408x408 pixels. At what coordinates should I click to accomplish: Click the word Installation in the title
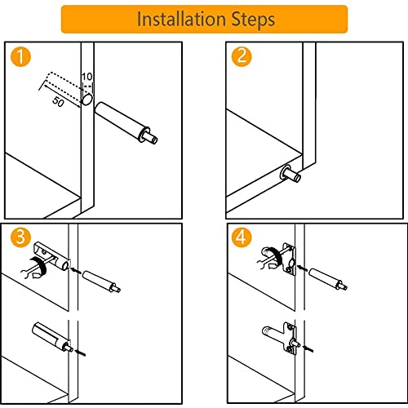[x=181, y=19]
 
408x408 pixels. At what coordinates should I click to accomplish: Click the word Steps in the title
[x=253, y=20]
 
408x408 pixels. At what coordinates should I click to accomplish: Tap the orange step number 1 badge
[x=20, y=57]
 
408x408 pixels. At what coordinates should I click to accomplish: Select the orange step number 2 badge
[x=242, y=57]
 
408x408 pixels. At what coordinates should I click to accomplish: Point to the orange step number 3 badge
[x=20, y=237]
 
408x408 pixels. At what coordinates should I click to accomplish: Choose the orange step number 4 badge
[x=242, y=237]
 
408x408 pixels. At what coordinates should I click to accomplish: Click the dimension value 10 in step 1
[x=87, y=77]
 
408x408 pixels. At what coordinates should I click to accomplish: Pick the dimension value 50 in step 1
[x=58, y=102]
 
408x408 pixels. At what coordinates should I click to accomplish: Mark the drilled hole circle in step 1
[x=87, y=99]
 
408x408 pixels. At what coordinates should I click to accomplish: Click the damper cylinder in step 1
[x=126, y=122]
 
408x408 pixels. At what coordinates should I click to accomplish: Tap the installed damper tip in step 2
[x=290, y=174]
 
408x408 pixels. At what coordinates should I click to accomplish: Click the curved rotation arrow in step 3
[x=38, y=268]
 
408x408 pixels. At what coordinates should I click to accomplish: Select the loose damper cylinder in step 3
[x=101, y=282]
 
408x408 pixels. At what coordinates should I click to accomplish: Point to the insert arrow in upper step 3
[x=76, y=271]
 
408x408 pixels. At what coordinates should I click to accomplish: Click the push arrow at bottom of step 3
[x=81, y=353]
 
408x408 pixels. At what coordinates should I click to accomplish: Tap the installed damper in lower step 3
[x=52, y=337]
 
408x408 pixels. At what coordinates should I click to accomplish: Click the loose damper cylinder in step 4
[x=328, y=279]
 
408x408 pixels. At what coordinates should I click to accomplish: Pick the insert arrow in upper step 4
[x=303, y=268]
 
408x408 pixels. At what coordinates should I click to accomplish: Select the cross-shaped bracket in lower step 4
[x=290, y=337]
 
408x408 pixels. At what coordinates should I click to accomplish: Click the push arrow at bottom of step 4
[x=308, y=348]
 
